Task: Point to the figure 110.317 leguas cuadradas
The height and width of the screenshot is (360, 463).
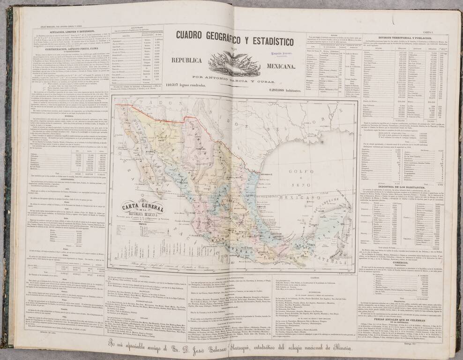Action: pos(187,84)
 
